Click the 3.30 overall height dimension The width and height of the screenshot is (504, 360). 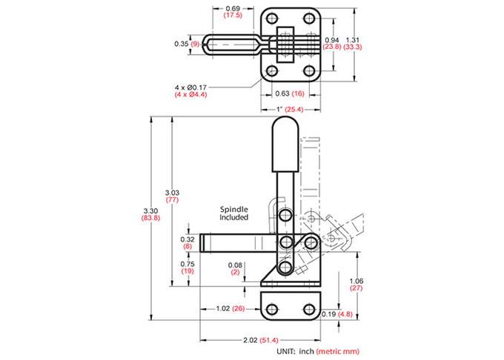pos(150,211)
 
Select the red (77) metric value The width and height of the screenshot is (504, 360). pos(172,200)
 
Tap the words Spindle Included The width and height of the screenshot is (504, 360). pos(234,213)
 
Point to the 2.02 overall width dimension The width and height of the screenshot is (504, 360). pos(251,340)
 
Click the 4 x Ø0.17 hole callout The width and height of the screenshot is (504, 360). pos(190,87)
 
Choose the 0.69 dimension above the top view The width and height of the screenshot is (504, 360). pos(233,9)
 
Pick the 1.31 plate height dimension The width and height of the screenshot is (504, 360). pos(352,40)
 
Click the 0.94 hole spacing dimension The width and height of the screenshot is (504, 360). pos(332,40)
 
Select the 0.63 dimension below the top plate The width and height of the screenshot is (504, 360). pos(282,93)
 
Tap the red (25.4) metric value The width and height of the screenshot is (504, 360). pos(294,110)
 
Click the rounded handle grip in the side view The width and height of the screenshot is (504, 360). pos(285,144)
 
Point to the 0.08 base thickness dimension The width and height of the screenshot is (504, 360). pos(235,265)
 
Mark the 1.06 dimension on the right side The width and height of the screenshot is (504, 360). pos(357,281)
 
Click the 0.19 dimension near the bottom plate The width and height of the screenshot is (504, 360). pos(328,314)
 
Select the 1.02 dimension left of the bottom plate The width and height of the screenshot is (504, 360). pos(223,309)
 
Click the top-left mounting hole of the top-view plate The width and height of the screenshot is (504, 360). pos(272,18)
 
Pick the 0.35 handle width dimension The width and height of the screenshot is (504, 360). pos(182,44)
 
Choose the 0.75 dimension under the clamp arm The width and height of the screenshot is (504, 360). pos(188,264)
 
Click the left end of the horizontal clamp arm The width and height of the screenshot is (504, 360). pos(200,243)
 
